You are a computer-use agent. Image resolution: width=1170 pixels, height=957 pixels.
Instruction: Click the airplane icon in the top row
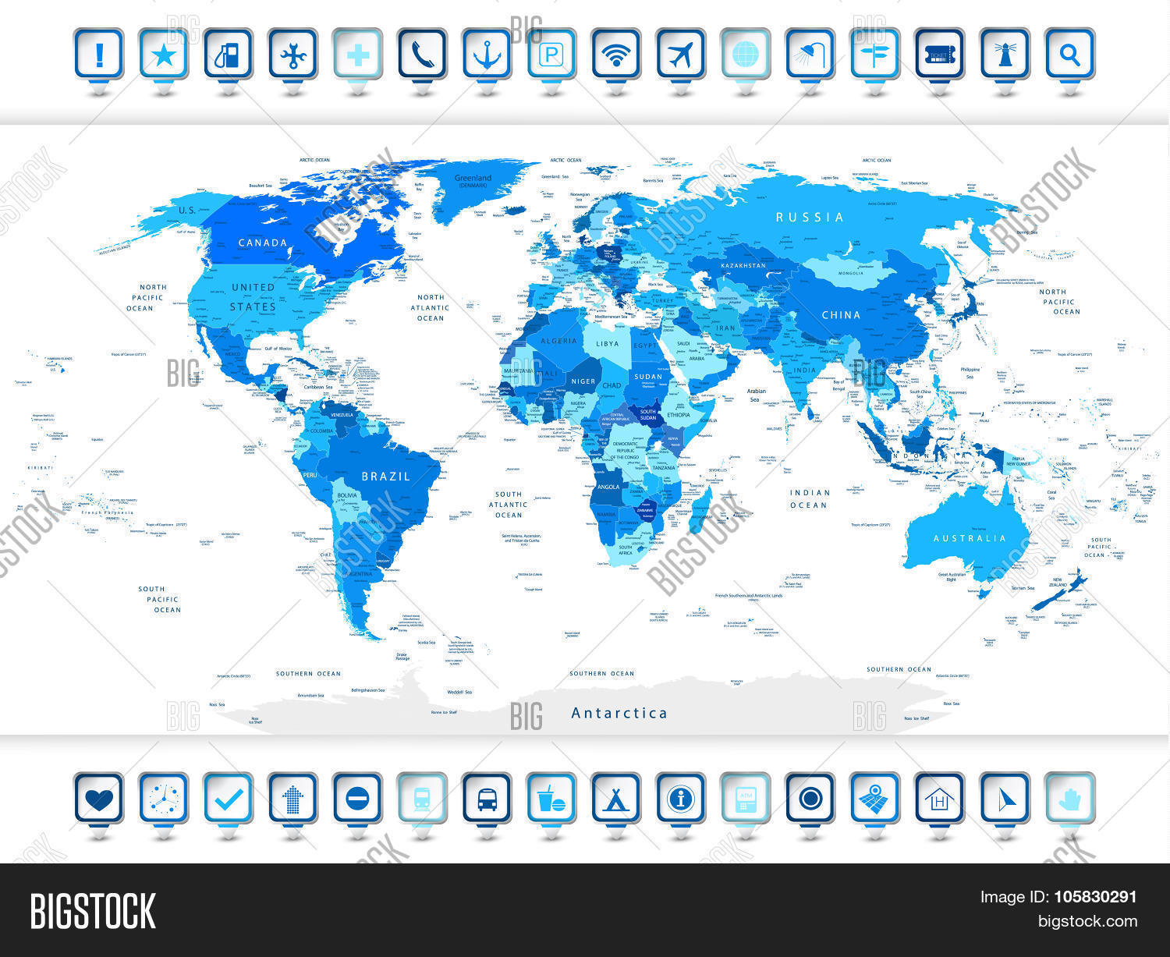pyautogui.click(x=680, y=54)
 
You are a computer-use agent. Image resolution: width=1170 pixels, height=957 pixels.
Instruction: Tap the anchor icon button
pyautogui.click(x=487, y=54)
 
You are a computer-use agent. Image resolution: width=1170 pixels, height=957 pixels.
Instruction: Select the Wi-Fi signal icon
pyautogui.click(x=616, y=54)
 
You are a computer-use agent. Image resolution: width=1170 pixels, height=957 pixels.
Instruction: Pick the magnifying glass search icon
pyautogui.click(x=1069, y=54)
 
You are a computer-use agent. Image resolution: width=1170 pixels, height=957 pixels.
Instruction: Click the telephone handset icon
pyautogui.click(x=422, y=54)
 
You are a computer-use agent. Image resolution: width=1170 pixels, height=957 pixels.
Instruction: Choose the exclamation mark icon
pyautogui.click(x=99, y=54)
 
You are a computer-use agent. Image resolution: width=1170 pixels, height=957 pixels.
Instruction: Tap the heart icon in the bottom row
pyautogui.click(x=99, y=799)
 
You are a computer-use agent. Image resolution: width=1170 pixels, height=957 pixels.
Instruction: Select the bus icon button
pyautogui.click(x=487, y=799)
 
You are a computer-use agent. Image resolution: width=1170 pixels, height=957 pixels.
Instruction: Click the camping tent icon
pyautogui.click(x=616, y=799)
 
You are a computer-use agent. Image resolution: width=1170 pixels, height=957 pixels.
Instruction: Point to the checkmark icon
pyautogui.click(x=229, y=799)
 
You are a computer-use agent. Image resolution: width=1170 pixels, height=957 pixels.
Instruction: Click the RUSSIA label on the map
pyautogui.click(x=810, y=218)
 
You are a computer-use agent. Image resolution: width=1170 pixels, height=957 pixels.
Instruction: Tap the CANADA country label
pyautogui.click(x=263, y=243)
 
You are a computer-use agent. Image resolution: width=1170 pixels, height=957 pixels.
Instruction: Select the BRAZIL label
pyautogui.click(x=385, y=477)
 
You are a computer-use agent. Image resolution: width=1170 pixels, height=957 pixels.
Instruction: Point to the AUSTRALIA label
pyautogui.click(x=970, y=539)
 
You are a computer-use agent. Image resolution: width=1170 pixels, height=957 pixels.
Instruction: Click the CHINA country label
pyautogui.click(x=841, y=316)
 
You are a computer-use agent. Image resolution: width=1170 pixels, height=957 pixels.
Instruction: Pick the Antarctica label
pyautogui.click(x=619, y=713)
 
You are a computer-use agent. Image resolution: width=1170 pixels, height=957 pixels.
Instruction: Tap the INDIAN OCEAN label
pyautogui.click(x=809, y=499)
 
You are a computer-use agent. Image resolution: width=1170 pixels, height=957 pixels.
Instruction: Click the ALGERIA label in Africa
pyautogui.click(x=558, y=342)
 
